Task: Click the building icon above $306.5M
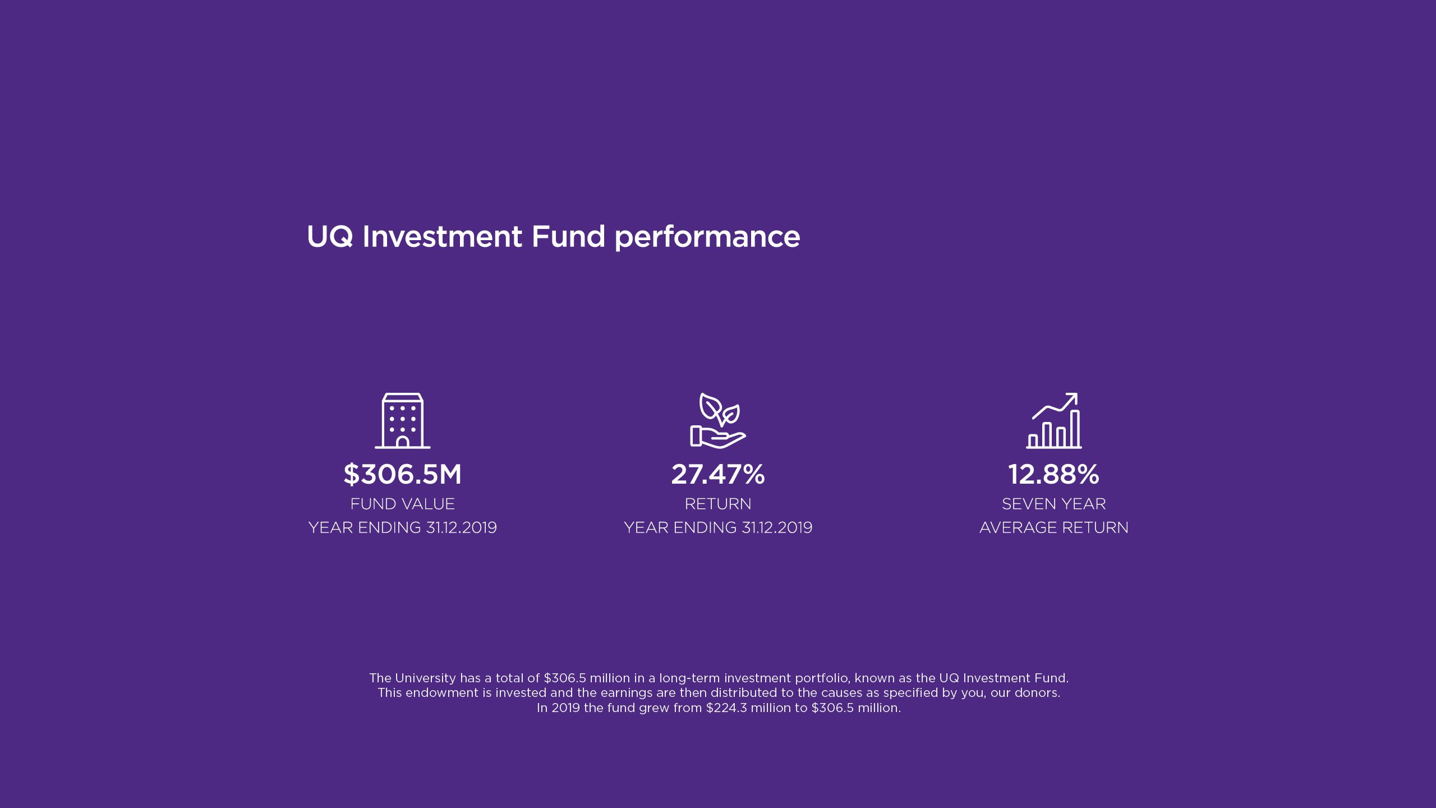coord(402,421)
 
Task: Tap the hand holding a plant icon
coord(717,421)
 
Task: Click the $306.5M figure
coord(402,474)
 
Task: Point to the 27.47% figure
coord(717,474)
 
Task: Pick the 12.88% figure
coord(1053,474)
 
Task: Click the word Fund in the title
coord(568,236)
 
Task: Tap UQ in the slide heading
coord(330,236)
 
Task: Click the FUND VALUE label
coord(402,504)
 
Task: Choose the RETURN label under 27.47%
coord(717,504)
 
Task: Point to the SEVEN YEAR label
coord(1053,504)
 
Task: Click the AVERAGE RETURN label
coord(1053,527)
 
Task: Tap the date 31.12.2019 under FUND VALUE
coord(461,527)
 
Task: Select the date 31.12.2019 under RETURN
coord(777,527)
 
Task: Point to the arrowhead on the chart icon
coord(1073,397)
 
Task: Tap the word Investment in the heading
coord(442,236)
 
